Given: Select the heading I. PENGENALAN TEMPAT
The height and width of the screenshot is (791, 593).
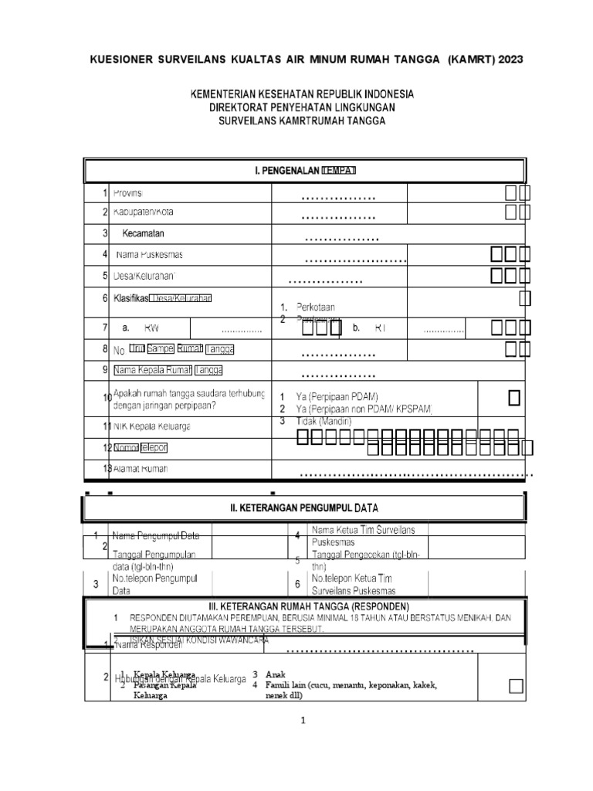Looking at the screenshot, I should (305, 170).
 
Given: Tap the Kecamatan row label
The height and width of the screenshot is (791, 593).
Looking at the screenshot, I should (144, 233).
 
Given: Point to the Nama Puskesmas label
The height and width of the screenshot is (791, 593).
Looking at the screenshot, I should (149, 254).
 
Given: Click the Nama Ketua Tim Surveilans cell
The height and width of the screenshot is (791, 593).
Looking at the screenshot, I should (364, 529).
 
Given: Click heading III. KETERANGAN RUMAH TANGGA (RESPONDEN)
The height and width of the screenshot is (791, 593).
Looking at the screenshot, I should (305, 605).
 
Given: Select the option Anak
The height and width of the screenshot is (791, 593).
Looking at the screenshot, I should (275, 674).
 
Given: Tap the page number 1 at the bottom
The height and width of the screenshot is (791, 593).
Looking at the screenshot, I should (304, 721).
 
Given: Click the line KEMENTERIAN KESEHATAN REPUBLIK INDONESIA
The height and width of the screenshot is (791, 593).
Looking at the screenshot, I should (303, 93).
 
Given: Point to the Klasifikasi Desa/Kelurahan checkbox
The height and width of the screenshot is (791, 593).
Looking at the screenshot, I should (524, 298).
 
